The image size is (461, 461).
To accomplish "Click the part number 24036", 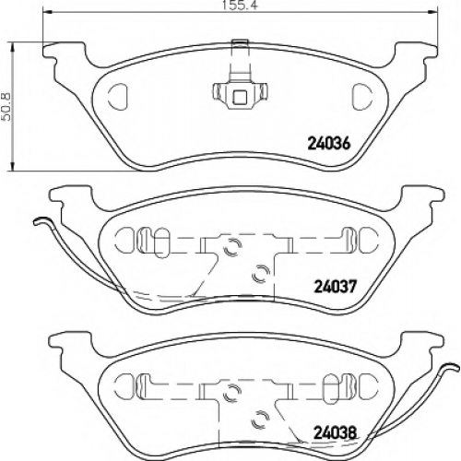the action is coord(329,144).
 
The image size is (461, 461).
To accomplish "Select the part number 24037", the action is coord(335,287).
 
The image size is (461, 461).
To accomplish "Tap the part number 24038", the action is coord(335,433).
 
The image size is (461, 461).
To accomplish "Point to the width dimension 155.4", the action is coord(239,6).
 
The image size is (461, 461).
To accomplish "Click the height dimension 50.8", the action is coord(6,107).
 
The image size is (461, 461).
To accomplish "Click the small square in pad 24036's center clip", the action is coord(240,98).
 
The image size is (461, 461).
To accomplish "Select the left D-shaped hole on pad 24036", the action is coord(118,96).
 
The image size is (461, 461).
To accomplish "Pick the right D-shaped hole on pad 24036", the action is coord(361,97).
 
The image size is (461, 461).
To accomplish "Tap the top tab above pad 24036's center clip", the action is coord(240,42).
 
